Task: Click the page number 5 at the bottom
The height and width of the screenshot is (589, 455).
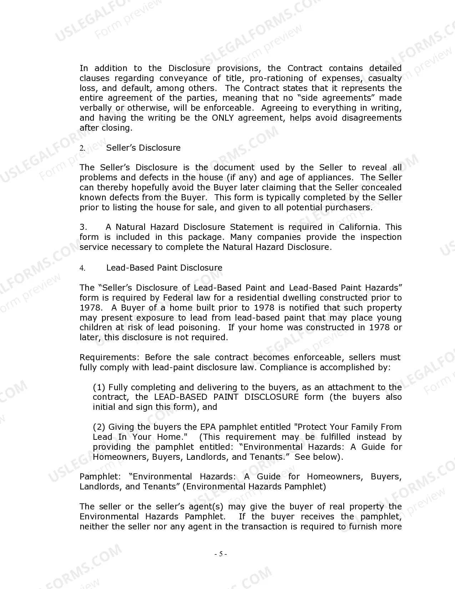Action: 221,554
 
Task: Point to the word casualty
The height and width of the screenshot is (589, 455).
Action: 385,78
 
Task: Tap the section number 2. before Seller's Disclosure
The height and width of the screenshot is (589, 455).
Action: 82,148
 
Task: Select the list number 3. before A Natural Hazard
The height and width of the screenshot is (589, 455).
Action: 83,227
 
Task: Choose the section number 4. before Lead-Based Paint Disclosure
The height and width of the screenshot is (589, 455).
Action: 82,268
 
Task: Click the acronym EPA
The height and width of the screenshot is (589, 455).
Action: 208,427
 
